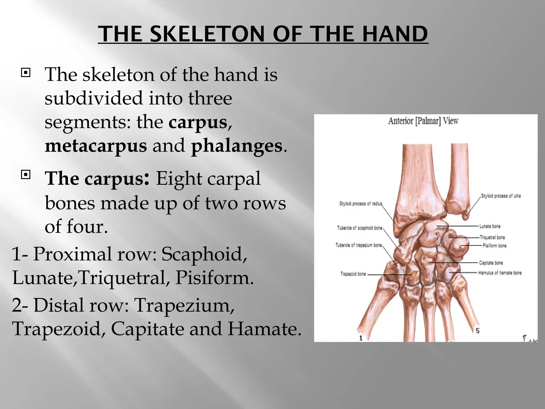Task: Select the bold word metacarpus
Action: click(x=96, y=146)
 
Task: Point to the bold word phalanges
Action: click(x=237, y=146)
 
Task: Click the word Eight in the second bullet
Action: click(x=179, y=178)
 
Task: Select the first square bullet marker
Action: click(x=26, y=72)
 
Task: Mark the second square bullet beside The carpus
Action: click(x=26, y=175)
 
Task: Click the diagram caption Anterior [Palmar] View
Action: click(x=423, y=121)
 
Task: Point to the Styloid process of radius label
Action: click(x=361, y=204)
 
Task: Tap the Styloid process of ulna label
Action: click(x=501, y=196)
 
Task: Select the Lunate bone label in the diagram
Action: click(x=490, y=226)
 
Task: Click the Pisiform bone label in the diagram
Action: click(x=494, y=246)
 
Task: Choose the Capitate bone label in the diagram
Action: click(x=491, y=263)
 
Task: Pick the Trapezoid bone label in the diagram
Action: click(x=353, y=274)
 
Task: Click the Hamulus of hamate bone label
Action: click(x=500, y=273)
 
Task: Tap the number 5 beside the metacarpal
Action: click(x=478, y=331)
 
